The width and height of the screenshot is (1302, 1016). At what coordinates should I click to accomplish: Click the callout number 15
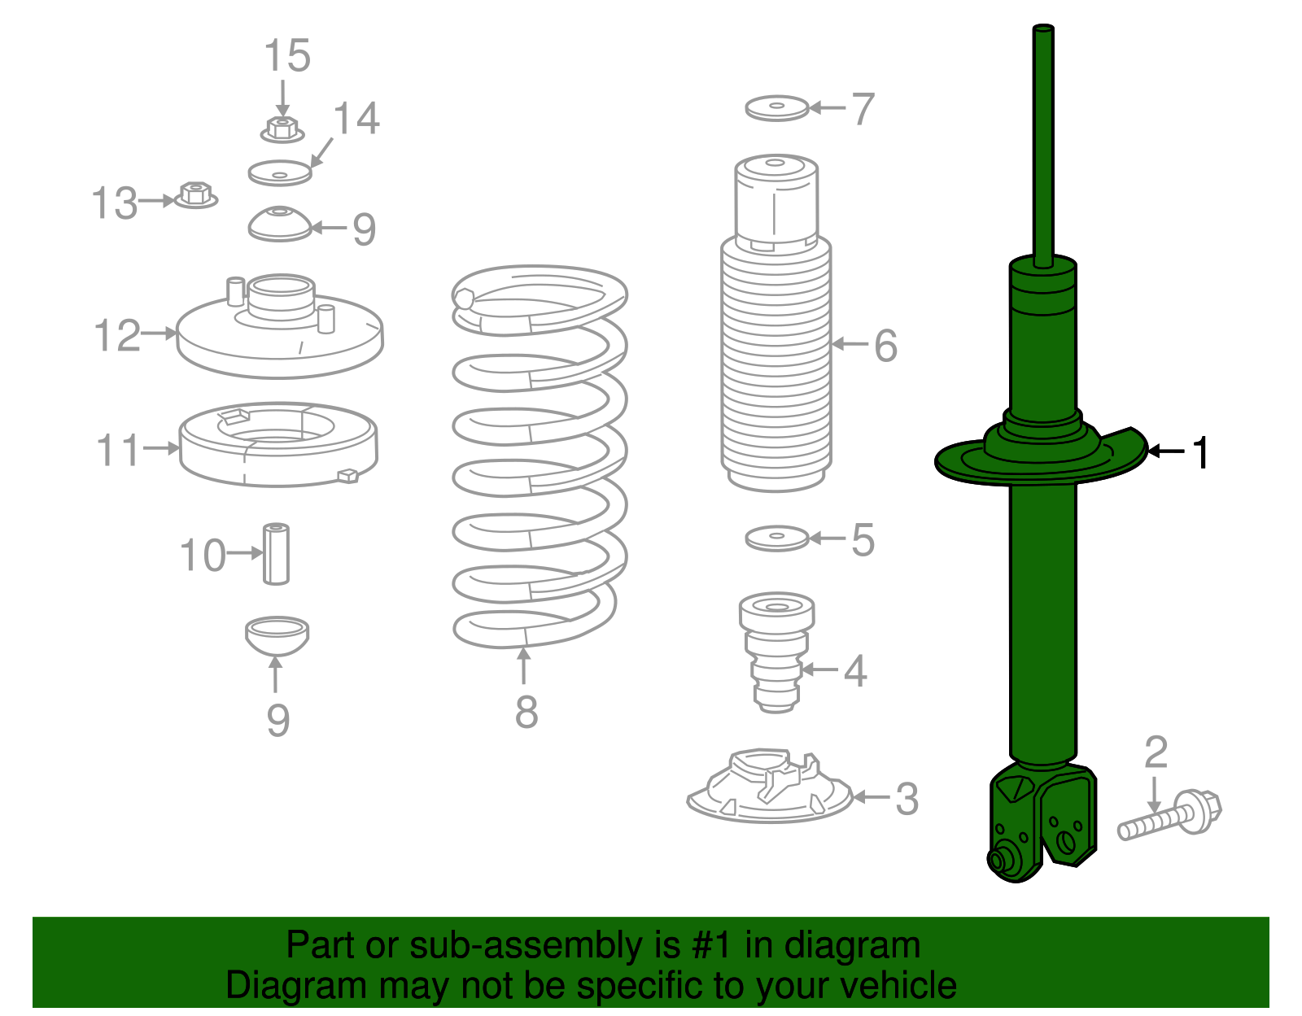coord(287,55)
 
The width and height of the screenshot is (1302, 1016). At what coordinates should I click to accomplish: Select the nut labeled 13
coord(195,195)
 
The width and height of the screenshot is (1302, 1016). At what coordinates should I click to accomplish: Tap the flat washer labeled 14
coord(280,172)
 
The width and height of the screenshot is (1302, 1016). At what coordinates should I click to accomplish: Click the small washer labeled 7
coord(777,107)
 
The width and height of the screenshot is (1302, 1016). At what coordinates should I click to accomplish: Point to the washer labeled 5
coord(777,539)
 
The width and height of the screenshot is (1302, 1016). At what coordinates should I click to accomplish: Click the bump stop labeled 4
coord(776,651)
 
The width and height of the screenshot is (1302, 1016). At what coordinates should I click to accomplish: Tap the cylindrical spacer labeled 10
coord(276,553)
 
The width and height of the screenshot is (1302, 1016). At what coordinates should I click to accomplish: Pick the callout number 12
coord(117,335)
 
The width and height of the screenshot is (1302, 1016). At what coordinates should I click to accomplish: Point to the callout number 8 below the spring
coord(526,712)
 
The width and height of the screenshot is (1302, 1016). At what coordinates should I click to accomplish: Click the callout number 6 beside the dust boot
coord(885,346)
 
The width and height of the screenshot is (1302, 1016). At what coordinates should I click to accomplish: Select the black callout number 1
coord(1201,452)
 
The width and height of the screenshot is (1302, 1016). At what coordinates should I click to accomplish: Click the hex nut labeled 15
coord(282,129)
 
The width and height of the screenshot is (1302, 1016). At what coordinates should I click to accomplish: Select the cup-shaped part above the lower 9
coord(277,634)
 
